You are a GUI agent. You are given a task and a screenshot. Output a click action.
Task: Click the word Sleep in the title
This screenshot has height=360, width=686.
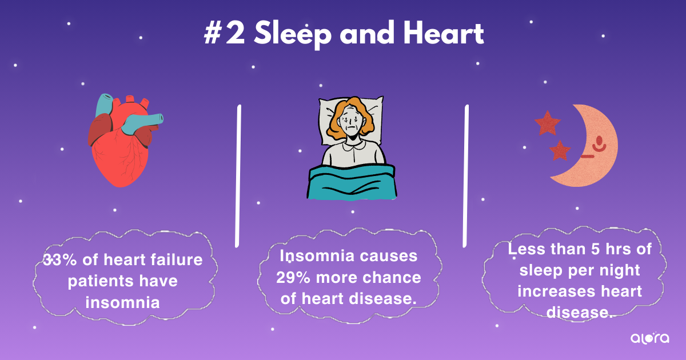(x=293, y=34)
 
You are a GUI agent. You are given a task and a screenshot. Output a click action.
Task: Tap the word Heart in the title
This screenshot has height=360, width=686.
(x=444, y=33)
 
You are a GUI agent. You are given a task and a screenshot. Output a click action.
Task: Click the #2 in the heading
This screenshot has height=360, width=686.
(x=225, y=33)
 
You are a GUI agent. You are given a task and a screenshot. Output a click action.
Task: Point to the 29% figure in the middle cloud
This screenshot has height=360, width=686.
(x=293, y=278)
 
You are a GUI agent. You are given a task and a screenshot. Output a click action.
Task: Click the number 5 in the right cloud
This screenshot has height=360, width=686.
(x=595, y=249)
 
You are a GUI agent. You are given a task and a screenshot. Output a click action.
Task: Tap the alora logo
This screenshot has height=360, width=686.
(x=649, y=338)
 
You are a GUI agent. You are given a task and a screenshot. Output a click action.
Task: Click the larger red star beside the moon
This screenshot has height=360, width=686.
(x=548, y=123)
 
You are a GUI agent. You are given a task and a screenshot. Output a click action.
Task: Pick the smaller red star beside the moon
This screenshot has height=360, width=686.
(x=560, y=151)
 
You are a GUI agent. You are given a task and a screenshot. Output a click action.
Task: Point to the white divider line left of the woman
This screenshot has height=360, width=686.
(x=238, y=176)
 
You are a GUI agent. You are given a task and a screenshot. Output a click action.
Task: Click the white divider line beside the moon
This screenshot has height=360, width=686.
(x=465, y=176)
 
